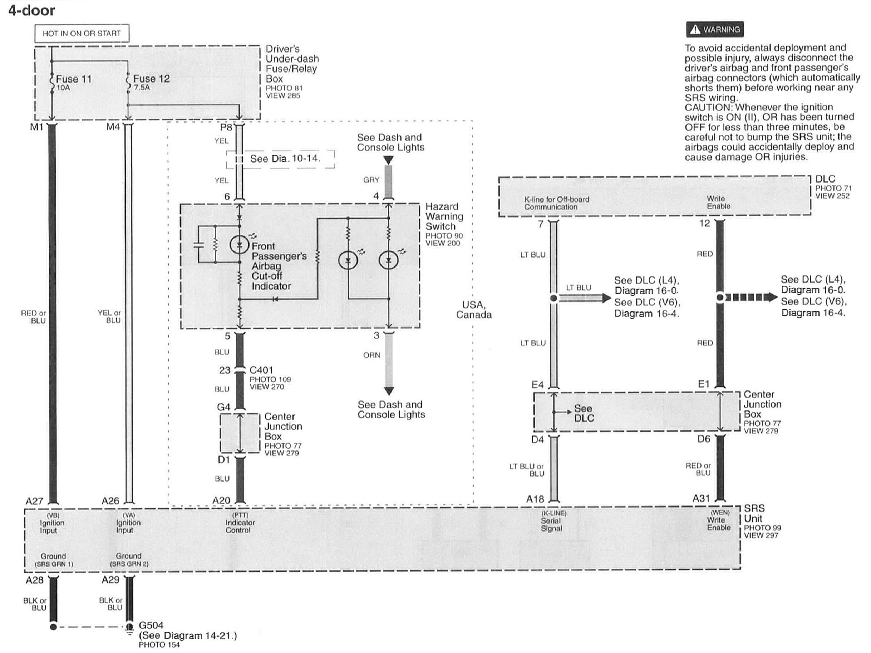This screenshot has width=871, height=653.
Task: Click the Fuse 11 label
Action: click(x=74, y=79)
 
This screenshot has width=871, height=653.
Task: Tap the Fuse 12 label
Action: click(x=151, y=79)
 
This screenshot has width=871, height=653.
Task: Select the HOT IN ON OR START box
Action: click(x=82, y=34)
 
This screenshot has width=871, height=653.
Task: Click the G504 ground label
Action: click(x=151, y=625)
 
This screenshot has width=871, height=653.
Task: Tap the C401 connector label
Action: click(x=261, y=370)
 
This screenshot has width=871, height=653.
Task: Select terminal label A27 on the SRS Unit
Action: click(x=34, y=501)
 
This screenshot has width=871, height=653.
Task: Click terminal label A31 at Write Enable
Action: click(x=701, y=498)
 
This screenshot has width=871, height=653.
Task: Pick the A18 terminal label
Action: click(x=535, y=499)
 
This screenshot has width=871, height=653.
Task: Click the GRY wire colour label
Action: click(x=371, y=180)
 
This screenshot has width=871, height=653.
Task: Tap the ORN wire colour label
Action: click(x=371, y=355)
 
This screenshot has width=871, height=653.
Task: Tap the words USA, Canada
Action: click(x=474, y=310)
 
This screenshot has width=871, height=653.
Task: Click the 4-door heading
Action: click(x=31, y=10)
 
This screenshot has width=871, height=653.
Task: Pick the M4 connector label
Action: click(x=113, y=127)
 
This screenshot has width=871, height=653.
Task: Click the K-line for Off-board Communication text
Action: click(x=556, y=203)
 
